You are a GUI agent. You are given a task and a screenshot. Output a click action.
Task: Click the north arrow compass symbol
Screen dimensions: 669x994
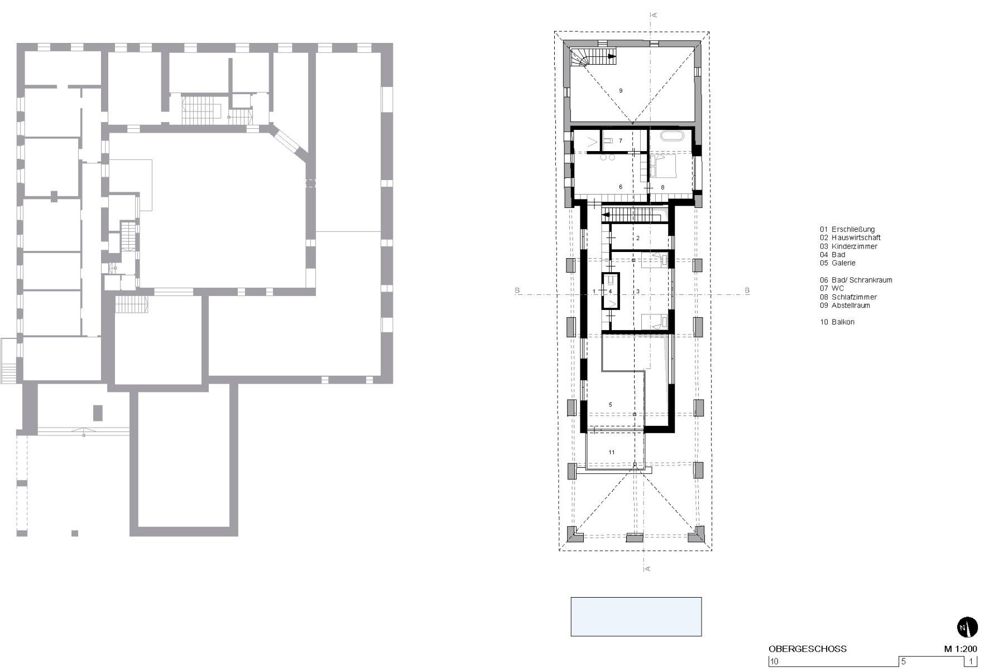pyautogui.click(x=967, y=627)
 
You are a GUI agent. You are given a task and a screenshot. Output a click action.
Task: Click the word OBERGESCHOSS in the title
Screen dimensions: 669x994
pyautogui.click(x=807, y=649)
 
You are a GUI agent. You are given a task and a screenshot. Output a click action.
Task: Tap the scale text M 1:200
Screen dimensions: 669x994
pyautogui.click(x=960, y=649)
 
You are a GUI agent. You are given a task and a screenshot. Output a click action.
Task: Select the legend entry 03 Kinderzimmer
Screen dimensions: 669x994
pyautogui.click(x=848, y=246)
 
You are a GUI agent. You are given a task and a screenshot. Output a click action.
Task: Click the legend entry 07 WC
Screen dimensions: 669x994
pyautogui.click(x=832, y=288)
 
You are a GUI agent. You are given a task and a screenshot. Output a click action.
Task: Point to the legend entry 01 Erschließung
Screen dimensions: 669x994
pyautogui.click(x=847, y=229)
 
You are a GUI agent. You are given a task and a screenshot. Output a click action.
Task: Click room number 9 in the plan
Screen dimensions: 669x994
pyautogui.click(x=621, y=90)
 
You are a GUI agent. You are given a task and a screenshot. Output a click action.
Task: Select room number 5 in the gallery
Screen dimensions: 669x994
pyautogui.click(x=611, y=405)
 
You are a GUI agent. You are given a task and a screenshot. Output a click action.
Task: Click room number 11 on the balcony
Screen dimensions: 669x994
pyautogui.click(x=612, y=452)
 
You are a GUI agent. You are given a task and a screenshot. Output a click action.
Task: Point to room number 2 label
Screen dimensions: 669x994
pyautogui.click(x=637, y=238)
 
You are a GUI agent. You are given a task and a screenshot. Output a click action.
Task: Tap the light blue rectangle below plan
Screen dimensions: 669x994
pyautogui.click(x=636, y=617)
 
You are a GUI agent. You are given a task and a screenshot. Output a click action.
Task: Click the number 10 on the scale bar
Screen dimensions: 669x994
pyautogui.click(x=774, y=662)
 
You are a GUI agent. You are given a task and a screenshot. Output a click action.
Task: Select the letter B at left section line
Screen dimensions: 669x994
pyautogui.click(x=517, y=291)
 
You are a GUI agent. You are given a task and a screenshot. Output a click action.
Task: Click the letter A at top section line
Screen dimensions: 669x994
pyautogui.click(x=655, y=15)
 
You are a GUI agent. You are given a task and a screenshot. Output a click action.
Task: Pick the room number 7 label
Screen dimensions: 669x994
pyautogui.click(x=620, y=141)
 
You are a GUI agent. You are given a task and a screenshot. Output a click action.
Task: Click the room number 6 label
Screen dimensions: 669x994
pyautogui.click(x=621, y=187)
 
